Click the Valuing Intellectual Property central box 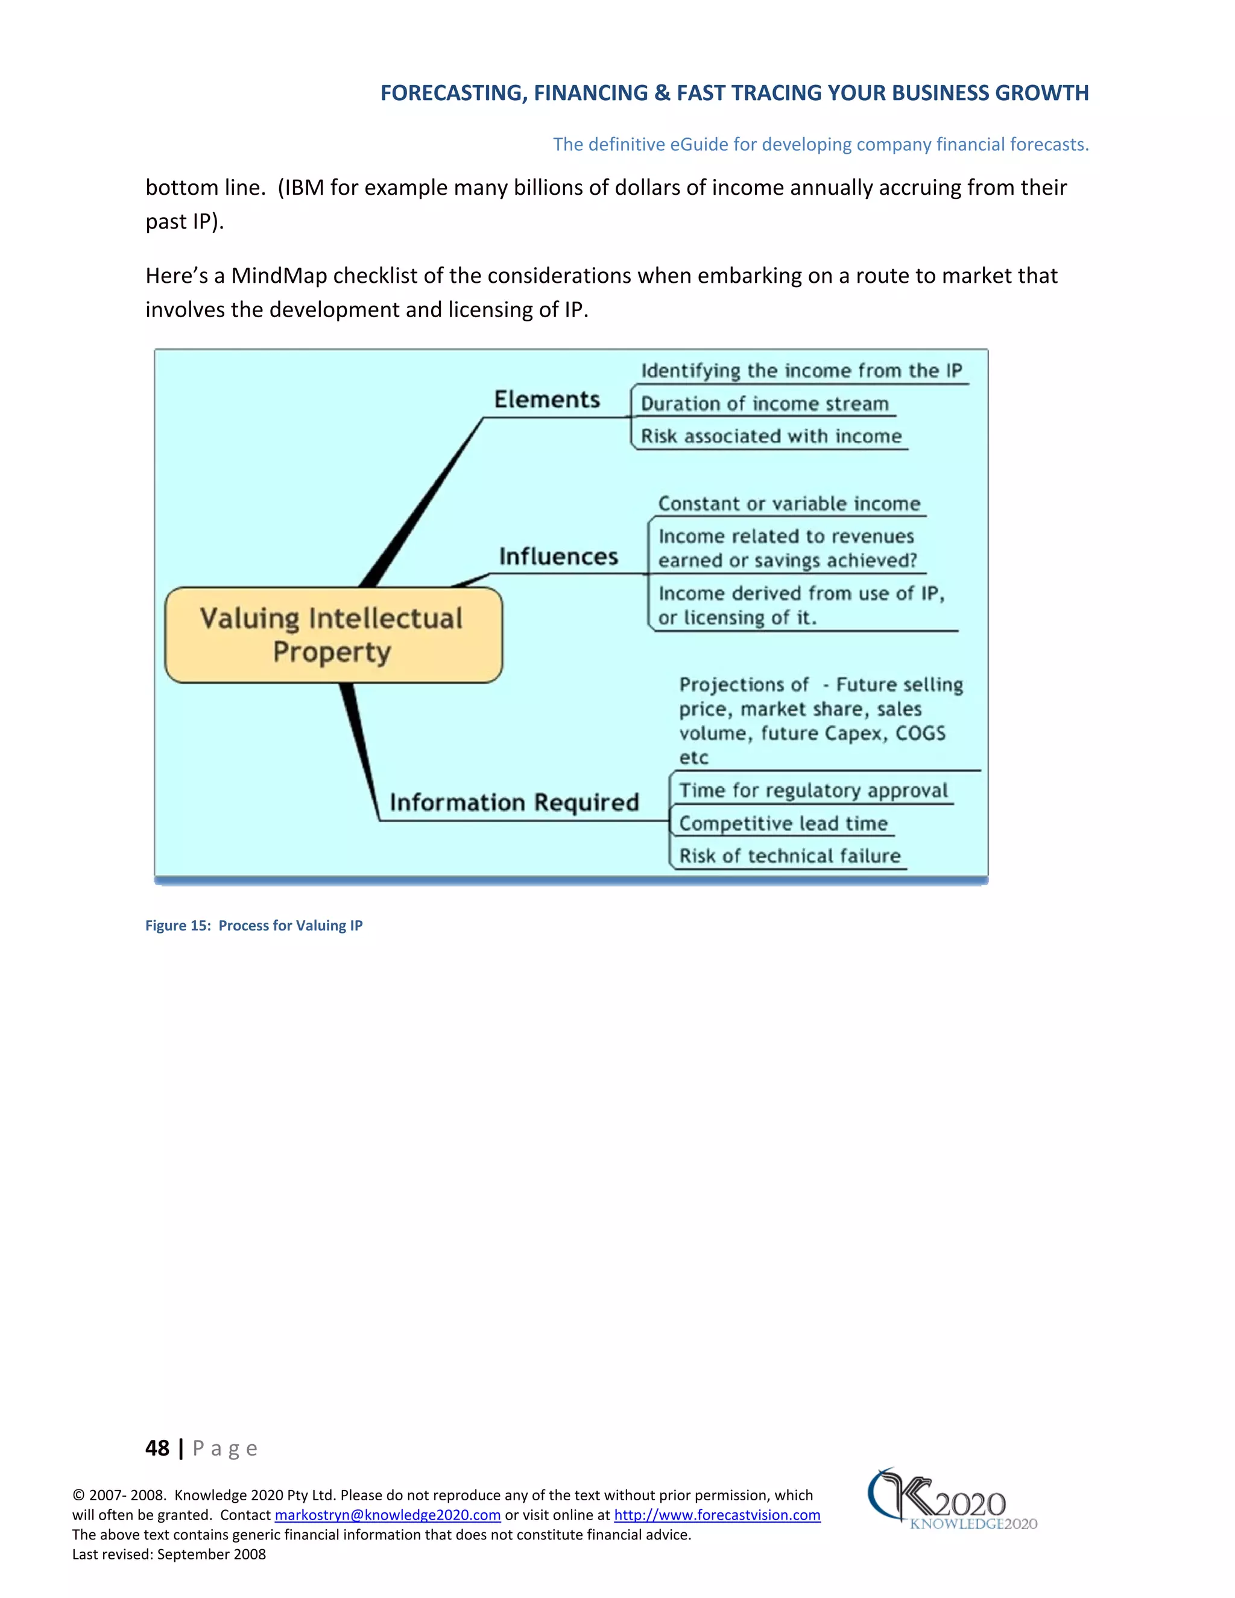pyautogui.click(x=333, y=634)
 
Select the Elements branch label pyautogui.click(x=546, y=399)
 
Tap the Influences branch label pyautogui.click(x=558, y=556)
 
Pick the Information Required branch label pyautogui.click(x=514, y=802)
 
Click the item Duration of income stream pyautogui.click(x=764, y=404)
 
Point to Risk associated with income pyautogui.click(x=771, y=436)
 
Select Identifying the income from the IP pyautogui.click(x=801, y=371)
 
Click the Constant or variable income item pyautogui.click(x=789, y=504)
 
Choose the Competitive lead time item pyautogui.click(x=783, y=823)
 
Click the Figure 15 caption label pyautogui.click(x=253, y=926)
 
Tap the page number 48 pyautogui.click(x=157, y=1448)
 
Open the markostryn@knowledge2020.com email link pyautogui.click(x=387, y=1515)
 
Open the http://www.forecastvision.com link pyautogui.click(x=716, y=1515)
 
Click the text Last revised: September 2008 pyautogui.click(x=169, y=1554)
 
